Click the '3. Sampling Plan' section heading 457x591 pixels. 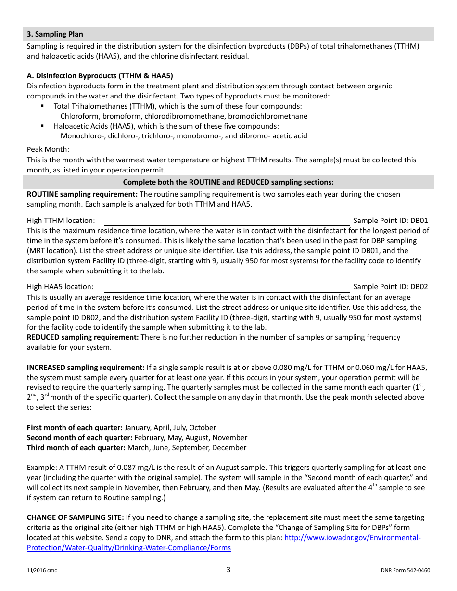(x=55, y=34)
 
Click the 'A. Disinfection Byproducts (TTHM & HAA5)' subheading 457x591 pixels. (x=100, y=76)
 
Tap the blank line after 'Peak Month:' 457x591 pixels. (x=154, y=150)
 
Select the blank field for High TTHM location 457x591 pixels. (x=227, y=221)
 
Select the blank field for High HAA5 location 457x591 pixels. (x=227, y=287)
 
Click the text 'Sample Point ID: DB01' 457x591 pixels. (x=390, y=221)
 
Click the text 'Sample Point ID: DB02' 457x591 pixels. (x=390, y=287)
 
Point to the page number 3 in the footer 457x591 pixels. (x=228, y=570)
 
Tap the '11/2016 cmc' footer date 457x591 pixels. (x=42, y=571)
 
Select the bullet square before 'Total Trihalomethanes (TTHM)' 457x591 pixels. (x=43, y=106)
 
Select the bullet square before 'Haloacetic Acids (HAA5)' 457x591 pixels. (x=43, y=126)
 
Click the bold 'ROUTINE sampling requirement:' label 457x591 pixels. (x=82, y=194)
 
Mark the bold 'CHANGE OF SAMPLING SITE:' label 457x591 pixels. (x=75, y=517)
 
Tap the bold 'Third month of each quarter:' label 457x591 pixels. (x=76, y=448)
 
